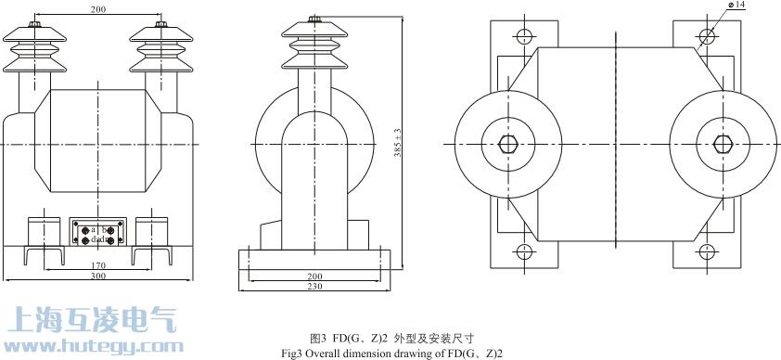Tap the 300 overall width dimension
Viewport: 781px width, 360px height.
click(98, 276)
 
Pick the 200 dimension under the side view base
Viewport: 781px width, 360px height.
click(316, 276)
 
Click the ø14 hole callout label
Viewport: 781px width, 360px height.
click(738, 6)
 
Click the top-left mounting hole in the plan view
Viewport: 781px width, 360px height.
click(522, 36)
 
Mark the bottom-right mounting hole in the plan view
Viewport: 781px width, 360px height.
click(707, 252)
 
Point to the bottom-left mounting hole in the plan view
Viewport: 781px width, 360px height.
click(522, 252)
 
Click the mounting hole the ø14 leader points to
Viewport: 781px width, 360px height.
click(707, 36)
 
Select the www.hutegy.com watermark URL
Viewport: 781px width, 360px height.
click(89, 347)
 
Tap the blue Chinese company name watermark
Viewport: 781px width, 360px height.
click(89, 319)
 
